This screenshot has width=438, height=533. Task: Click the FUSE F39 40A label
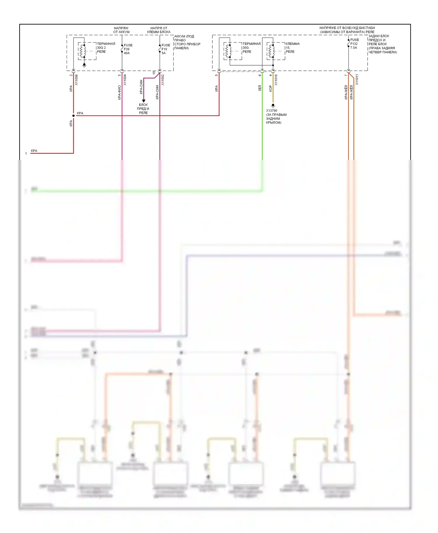(128, 49)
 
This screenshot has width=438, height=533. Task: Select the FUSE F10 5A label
(166, 49)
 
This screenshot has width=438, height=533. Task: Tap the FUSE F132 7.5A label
(354, 44)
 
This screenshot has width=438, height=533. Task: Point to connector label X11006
(77, 80)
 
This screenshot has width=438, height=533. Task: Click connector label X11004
(125, 80)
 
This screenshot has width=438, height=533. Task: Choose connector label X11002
(163, 80)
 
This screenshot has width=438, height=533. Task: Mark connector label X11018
(276, 80)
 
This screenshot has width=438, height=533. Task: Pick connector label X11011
(357, 80)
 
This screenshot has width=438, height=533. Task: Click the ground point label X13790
(272, 111)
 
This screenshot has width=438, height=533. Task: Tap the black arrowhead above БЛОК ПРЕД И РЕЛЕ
(143, 101)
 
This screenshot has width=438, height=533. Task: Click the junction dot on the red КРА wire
(74, 115)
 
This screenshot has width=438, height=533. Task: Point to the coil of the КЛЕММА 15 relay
(272, 51)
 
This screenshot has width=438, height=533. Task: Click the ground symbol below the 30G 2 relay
(84, 65)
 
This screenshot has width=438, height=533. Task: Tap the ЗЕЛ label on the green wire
(260, 88)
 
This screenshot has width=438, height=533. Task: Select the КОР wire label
(270, 88)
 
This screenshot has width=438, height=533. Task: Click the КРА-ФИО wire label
(119, 92)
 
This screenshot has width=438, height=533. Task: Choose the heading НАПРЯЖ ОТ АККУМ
(121, 30)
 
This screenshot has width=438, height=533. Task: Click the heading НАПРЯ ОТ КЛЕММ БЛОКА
(159, 30)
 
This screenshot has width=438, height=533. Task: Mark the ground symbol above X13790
(273, 106)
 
